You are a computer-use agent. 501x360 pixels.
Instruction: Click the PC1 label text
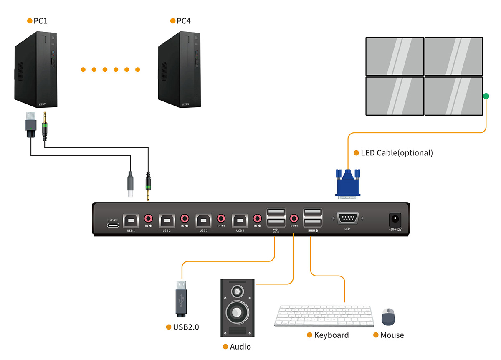point(40,20)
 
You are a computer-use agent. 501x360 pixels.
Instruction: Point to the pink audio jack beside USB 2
point(185,218)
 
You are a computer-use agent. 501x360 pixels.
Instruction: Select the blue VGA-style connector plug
point(347,183)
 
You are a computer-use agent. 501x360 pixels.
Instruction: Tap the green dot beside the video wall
point(486,97)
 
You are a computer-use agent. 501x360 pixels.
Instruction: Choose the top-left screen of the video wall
point(395,56)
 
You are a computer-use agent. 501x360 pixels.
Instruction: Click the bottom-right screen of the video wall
point(453,96)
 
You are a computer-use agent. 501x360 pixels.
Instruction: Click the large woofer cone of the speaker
point(237,312)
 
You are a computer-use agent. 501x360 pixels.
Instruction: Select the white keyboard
point(324,316)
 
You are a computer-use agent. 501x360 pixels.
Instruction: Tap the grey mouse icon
point(388,317)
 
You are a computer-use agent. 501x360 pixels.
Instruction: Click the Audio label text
point(240,347)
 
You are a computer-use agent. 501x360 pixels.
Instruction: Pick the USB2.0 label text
point(186,327)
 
